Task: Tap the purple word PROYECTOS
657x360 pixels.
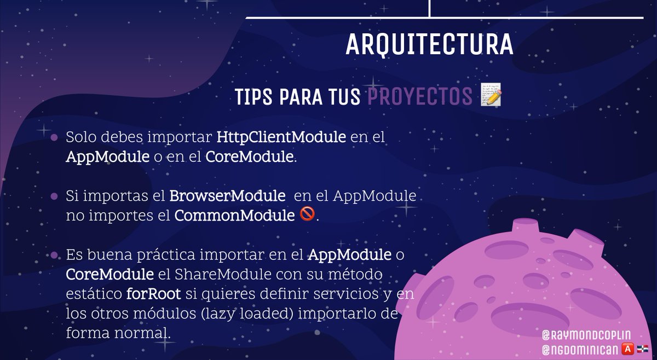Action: pos(419,97)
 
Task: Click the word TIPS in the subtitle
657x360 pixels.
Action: pos(255,97)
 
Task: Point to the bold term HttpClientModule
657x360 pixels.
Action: pos(281,137)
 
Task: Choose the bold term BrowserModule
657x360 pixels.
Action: pos(227,195)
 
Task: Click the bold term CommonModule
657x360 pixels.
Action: pos(234,216)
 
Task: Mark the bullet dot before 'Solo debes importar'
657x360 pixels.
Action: pos(54,137)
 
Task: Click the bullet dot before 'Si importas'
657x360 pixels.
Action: pos(54,196)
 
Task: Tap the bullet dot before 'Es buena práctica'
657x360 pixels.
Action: pos(54,255)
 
